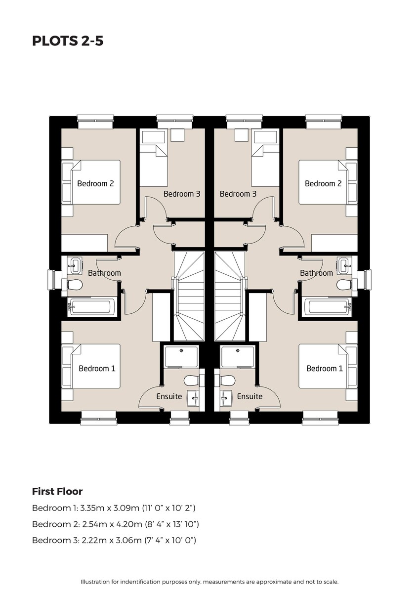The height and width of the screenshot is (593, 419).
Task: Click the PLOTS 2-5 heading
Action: point(68,41)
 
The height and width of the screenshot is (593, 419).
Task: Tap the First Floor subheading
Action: point(57,492)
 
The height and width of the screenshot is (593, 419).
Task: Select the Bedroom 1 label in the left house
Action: point(97,369)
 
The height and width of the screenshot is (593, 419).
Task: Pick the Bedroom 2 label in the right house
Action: point(323,183)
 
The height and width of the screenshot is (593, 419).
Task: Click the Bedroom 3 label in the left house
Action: point(182,194)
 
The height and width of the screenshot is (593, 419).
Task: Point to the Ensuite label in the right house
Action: point(250,396)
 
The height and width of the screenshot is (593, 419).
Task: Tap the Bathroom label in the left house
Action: point(104,273)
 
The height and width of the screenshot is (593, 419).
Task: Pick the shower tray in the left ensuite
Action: point(181,357)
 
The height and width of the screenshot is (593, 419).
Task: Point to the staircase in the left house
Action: point(189,296)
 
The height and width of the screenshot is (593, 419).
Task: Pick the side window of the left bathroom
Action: point(51,280)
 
